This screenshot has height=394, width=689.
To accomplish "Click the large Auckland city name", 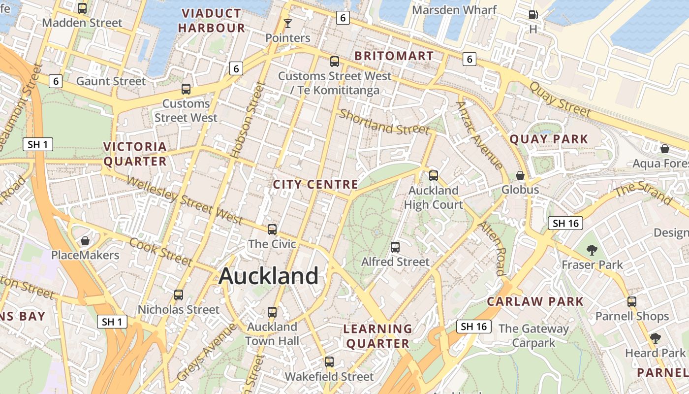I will pos(269,276).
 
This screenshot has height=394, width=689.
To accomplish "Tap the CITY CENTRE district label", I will pos(315,185).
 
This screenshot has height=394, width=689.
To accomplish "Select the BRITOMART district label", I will pos(394,56).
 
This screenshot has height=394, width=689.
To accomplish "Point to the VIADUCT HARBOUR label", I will pos(212,21).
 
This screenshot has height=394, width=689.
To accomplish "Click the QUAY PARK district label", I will pos(549,139).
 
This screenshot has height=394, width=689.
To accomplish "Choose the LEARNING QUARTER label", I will pos(378,336).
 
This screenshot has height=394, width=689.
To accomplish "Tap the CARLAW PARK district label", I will pos(535,301).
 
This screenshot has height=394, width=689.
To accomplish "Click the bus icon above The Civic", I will pos(272,230).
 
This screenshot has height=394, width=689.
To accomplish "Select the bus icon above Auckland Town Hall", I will pos(272,312).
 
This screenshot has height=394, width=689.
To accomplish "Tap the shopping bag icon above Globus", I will pos(520,175).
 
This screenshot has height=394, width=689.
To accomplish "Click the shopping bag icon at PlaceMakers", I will pos(85,241).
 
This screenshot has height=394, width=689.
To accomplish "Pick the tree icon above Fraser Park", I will pos(592,250).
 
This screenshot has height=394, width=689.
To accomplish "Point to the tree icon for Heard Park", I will pos(655,338).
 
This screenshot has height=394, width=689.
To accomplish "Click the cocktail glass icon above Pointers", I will pos(288,23).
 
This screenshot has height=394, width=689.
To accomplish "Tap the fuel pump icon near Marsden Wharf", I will pos(533,15).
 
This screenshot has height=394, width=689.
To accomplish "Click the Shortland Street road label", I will pos(384,122).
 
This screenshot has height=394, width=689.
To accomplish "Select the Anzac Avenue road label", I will pos(479,134).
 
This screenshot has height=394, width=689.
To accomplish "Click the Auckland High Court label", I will pos(434,197).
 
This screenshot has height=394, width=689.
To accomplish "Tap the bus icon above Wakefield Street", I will pos(329,362).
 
